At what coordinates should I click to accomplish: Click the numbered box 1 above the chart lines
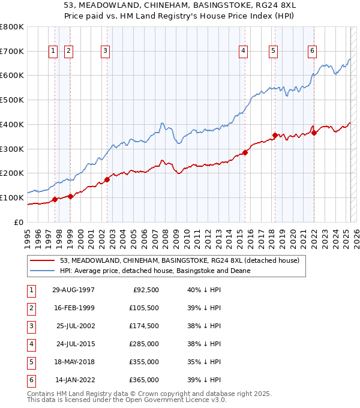[53, 52]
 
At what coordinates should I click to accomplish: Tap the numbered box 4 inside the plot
[244, 52]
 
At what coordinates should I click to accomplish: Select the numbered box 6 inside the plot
[313, 52]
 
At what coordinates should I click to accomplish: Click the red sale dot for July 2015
[245, 152]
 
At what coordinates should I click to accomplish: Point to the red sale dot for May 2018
[275, 136]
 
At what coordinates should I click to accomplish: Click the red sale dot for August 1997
[55, 199]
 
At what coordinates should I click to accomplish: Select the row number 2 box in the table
[31, 308]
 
